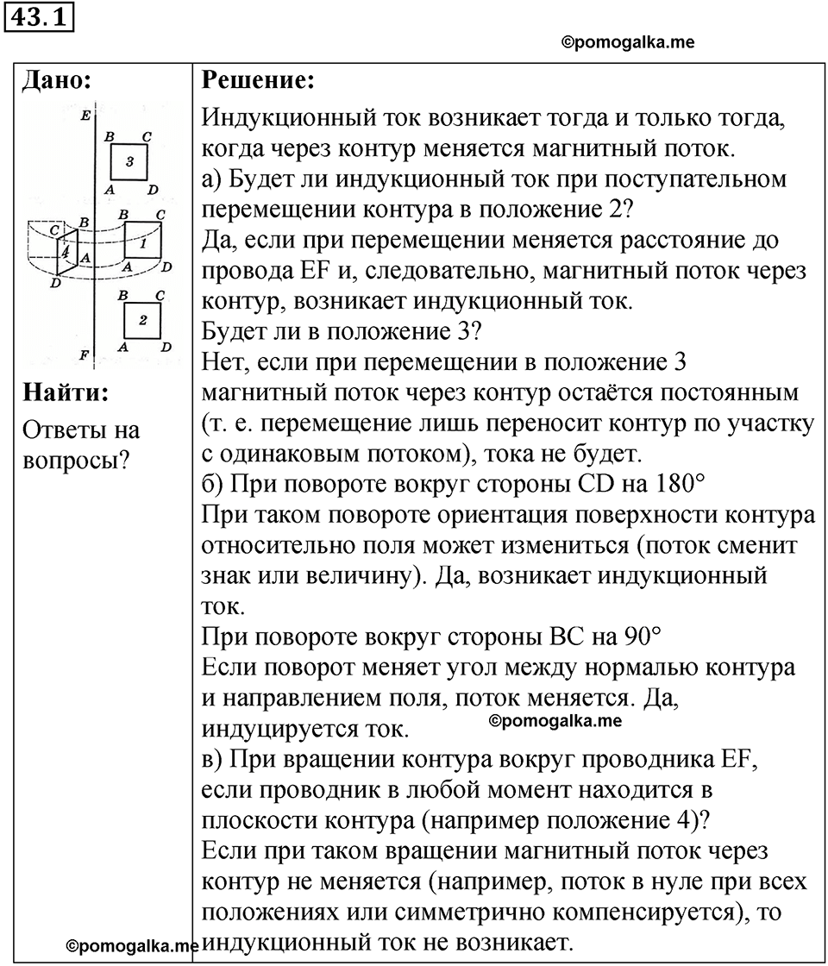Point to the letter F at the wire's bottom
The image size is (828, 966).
tap(83, 354)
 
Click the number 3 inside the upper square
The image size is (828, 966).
tap(129, 161)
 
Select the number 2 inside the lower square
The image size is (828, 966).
tap(143, 320)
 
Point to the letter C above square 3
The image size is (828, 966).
tap(147, 135)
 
